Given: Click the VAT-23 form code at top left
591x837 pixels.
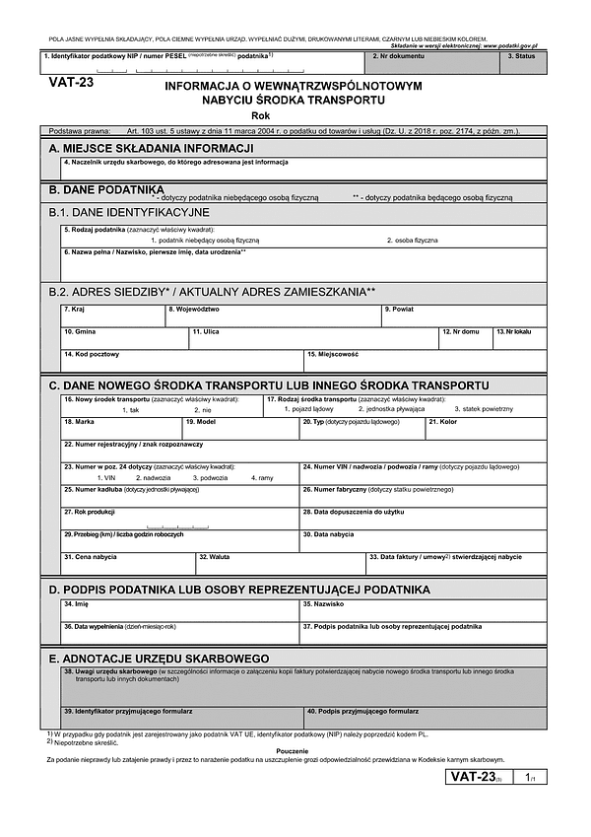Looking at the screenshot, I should click(x=71, y=83).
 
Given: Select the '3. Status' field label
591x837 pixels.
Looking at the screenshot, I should click(x=521, y=56).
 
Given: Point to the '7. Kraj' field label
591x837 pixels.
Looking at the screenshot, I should click(x=74, y=309).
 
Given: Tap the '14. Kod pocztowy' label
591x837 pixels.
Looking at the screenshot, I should click(x=92, y=354).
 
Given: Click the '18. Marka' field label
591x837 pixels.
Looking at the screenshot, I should click(x=79, y=421).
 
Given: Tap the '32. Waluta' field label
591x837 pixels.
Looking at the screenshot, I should click(x=214, y=557).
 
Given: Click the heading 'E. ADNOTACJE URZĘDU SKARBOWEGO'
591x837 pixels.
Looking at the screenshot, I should click(x=159, y=658).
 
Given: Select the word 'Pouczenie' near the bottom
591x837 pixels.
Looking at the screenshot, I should click(x=295, y=749).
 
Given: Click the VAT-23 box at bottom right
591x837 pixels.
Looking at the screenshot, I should click(x=475, y=777).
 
